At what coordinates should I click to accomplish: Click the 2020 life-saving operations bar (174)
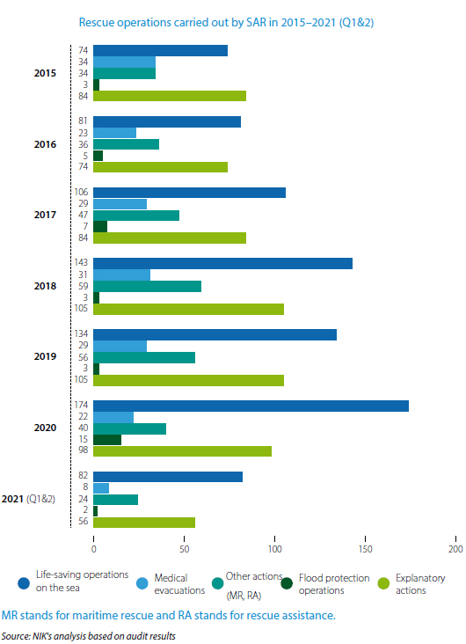pyautogui.click(x=251, y=406)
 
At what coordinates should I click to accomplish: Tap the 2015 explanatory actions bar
pyautogui.click(x=170, y=96)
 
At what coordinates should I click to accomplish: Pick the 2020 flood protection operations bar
pyautogui.click(x=107, y=439)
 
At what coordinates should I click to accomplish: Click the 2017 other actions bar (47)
pyautogui.click(x=136, y=215)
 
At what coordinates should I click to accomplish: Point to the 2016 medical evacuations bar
pyautogui.click(x=114, y=133)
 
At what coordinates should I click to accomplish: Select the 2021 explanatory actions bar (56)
pyautogui.click(x=144, y=522)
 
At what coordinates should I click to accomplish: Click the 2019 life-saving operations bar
pyautogui.click(x=215, y=334)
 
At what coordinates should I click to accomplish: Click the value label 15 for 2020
pyautogui.click(x=82, y=439)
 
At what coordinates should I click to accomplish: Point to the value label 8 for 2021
pyautogui.click(x=84, y=487)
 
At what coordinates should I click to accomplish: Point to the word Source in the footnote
pyautogui.click(x=13, y=634)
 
